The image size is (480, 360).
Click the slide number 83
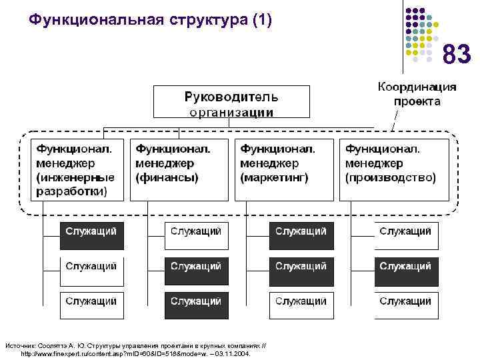[457, 53]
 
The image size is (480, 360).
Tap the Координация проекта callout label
[417, 94]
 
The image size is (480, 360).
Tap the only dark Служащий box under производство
[405, 267]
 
